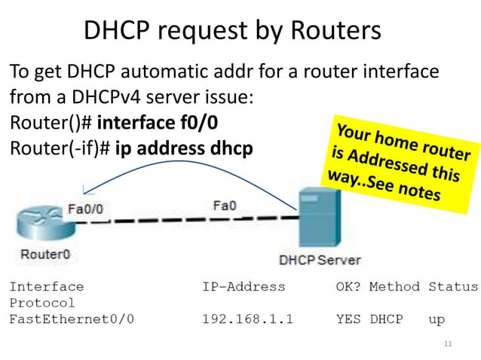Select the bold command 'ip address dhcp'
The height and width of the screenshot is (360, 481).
[183, 146]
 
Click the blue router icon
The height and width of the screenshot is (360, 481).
[41, 221]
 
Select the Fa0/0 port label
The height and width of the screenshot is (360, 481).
[87, 209]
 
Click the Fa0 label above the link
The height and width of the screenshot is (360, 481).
[225, 205]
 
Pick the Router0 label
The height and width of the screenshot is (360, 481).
[45, 254]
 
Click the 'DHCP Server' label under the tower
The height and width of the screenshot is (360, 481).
[320, 260]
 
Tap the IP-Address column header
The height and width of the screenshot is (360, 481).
[244, 286]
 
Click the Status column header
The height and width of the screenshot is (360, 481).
[453, 286]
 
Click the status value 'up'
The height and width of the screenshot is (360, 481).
[437, 319]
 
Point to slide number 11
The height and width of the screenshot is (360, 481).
[449, 344]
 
